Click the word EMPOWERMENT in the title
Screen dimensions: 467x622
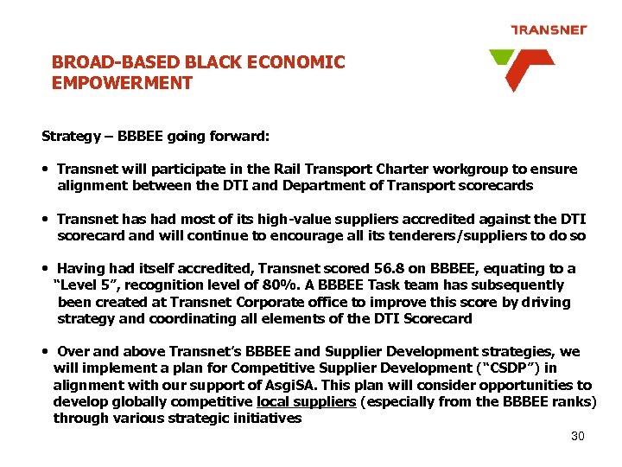(122, 84)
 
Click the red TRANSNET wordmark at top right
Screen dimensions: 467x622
(549, 30)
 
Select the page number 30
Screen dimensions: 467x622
(578, 436)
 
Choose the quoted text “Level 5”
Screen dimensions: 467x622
(85, 285)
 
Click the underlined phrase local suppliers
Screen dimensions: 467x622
(307, 402)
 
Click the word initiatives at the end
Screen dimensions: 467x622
(268, 419)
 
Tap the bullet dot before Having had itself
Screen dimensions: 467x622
(44, 269)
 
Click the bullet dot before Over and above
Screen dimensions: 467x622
(44, 352)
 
